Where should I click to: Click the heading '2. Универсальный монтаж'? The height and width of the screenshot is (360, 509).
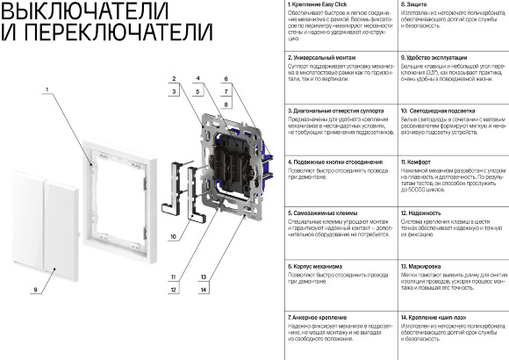click(322, 57)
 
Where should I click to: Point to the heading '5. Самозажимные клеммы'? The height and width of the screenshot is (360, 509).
click(322, 212)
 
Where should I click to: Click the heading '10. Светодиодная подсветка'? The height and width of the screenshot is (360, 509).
click(438, 111)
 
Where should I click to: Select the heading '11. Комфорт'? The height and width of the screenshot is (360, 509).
click(419, 162)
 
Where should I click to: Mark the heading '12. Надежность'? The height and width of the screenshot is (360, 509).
click(422, 212)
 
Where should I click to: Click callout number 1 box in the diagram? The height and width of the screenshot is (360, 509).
click(44, 91)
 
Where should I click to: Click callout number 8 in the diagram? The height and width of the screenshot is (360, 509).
click(226, 104)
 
